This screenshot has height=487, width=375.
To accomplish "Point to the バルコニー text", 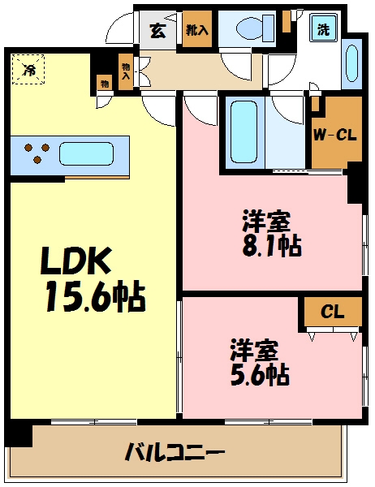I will pyautogui.click(x=174, y=452).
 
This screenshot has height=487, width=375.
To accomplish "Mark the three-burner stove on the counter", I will pyautogui.click(x=37, y=153).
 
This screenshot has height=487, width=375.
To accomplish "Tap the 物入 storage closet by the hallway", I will pyautogui.click(x=126, y=72).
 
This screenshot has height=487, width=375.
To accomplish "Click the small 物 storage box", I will pyautogui.click(x=106, y=82).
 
